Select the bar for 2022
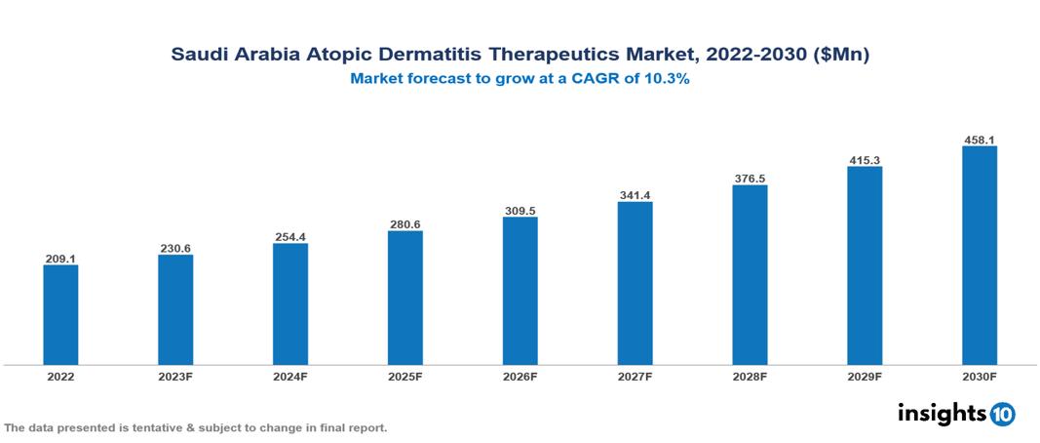[60, 315]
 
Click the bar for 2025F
[404, 298]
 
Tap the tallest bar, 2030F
[979, 256]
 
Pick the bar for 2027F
[635, 283]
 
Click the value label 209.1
[60, 259]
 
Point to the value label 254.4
[290, 237]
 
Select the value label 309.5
[520, 211]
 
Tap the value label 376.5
[750, 179]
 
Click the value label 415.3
[865, 160]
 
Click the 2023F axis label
[175, 376]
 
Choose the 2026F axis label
[520, 376]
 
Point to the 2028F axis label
[750, 376]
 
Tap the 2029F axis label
[865, 376]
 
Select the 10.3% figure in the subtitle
[667, 80]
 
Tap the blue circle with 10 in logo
[1002, 415]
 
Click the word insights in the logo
[942, 414]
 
